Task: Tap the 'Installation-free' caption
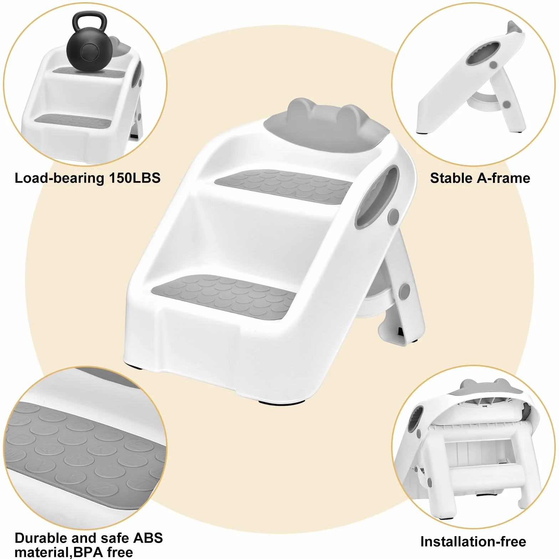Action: coord(473,542)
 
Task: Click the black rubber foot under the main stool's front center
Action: coord(282,402)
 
